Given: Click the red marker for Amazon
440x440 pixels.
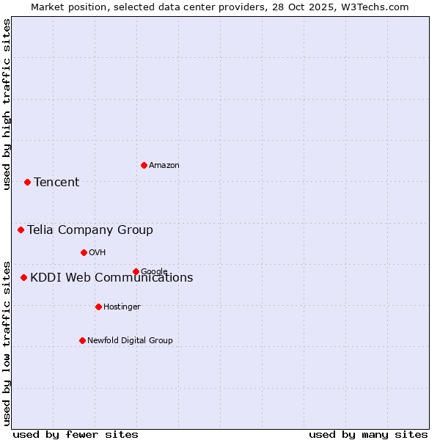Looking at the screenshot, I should point(144,165).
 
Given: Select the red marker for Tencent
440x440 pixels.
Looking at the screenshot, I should point(27,182).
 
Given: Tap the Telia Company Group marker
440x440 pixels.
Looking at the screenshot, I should point(21,230).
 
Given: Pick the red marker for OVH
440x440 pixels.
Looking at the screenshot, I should point(84,252).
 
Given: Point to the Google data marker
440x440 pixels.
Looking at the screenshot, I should point(136,271).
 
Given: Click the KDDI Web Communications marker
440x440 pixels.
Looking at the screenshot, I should point(23,277).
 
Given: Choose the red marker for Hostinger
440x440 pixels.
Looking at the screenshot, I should point(98,307).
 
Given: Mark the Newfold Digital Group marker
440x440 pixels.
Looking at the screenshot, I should point(82,340).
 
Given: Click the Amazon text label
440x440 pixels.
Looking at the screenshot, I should point(164,166).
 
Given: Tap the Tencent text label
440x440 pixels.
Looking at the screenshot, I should point(56,183).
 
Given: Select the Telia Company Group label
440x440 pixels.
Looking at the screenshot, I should point(90,230).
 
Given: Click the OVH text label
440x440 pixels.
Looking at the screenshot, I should point(98,253).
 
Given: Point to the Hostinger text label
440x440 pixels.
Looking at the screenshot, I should point(122,307).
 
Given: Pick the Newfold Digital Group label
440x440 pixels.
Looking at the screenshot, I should point(130,341).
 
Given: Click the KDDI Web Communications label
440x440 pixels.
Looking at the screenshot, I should point(111,278).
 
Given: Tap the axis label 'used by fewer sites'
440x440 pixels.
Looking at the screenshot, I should point(76,434).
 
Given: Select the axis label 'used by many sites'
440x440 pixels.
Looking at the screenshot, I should point(368,434).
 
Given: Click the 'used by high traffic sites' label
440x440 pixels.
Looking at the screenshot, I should point(7,104).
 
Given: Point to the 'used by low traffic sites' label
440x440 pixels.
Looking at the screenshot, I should point(7,342).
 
